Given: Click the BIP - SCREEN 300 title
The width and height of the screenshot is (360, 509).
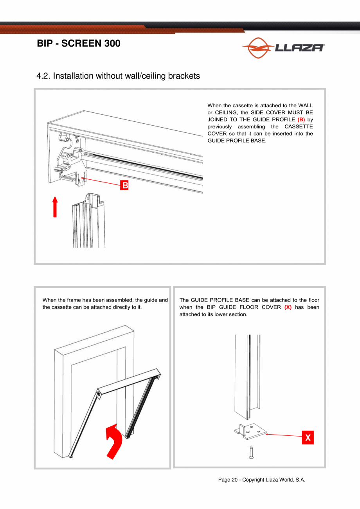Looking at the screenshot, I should (78, 44).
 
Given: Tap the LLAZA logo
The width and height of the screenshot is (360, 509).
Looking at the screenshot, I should (283, 48).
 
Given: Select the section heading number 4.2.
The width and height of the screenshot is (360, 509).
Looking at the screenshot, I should (43, 76).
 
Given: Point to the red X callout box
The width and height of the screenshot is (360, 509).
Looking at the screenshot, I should (308, 437).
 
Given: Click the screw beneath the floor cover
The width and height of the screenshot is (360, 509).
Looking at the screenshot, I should (251, 452).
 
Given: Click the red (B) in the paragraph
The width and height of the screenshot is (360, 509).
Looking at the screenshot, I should (301, 119).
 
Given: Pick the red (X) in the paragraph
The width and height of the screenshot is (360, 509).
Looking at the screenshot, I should (288, 307).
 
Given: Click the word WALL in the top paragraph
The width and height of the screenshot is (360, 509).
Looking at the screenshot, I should (305, 105).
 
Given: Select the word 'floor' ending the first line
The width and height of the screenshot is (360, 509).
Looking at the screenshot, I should (313, 300).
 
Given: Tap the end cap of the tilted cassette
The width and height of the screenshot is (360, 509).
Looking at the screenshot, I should (100, 393).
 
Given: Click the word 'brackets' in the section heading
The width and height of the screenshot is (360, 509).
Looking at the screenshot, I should (184, 76).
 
